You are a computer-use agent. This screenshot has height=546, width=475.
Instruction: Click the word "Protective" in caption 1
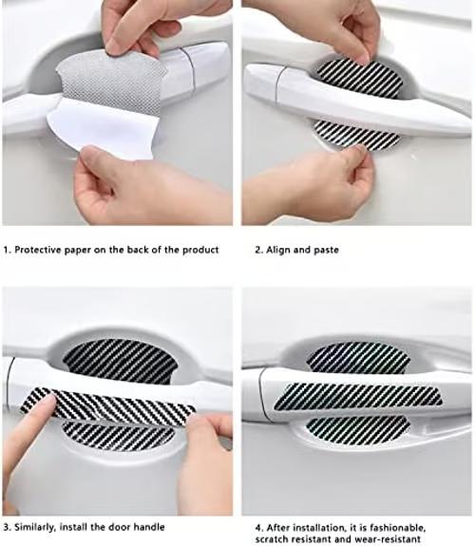pyautogui.click(x=37, y=250)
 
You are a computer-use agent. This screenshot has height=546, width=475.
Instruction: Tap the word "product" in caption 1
pyautogui.click(x=200, y=250)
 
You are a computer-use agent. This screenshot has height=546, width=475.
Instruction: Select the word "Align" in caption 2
pyautogui.click(x=278, y=250)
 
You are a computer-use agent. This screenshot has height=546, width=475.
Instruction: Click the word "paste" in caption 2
pyautogui.click(x=326, y=251)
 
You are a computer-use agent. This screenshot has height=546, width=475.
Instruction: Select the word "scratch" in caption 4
pyautogui.click(x=270, y=539)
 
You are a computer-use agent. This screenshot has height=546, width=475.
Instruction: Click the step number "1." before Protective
pyautogui.click(x=8, y=250)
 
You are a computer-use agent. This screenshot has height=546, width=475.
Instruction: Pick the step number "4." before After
pyautogui.click(x=259, y=528)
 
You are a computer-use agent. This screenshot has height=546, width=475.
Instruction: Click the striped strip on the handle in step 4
pyautogui.click(x=358, y=397)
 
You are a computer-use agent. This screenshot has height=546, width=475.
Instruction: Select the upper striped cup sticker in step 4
pyautogui.click(x=358, y=356)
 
